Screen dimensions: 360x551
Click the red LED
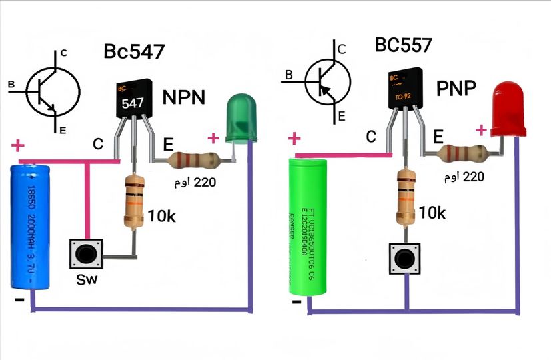[508, 111]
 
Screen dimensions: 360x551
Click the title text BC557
[403, 45]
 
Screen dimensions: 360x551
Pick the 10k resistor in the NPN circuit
[134, 201]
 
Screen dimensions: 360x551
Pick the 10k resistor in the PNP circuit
[405, 197]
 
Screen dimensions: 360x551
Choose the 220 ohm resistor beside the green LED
[193, 161]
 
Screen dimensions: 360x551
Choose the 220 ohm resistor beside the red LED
[464, 154]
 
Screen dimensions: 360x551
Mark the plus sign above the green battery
[294, 139]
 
